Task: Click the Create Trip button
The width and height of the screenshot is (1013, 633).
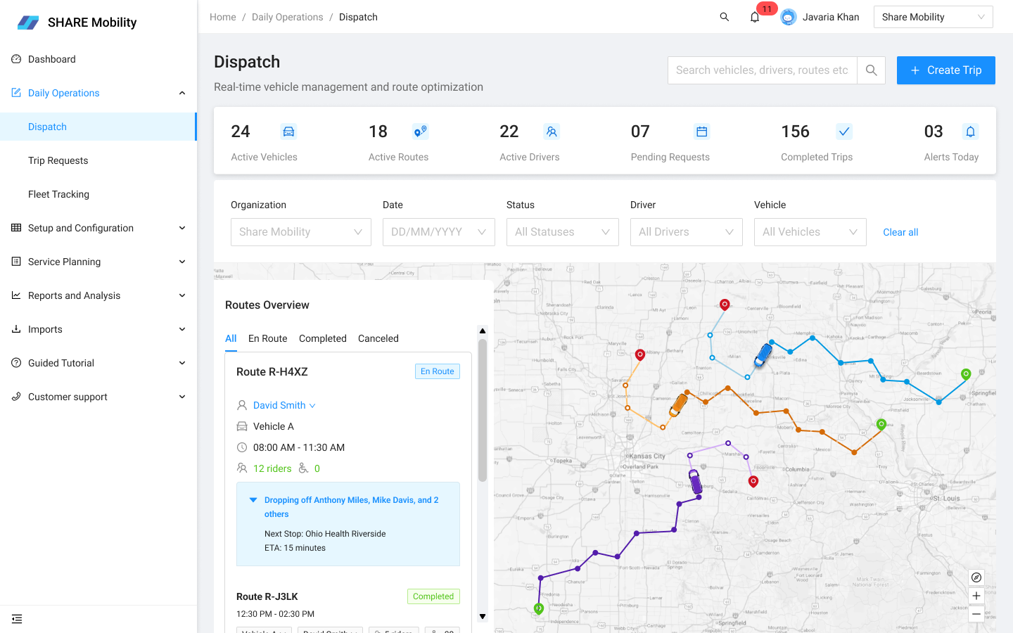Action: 945,70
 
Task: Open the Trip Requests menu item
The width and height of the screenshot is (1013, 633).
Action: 58,160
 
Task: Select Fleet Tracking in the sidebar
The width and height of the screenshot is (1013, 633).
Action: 59,194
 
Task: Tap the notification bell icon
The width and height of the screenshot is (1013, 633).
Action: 755,17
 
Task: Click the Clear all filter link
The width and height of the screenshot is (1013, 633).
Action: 900,232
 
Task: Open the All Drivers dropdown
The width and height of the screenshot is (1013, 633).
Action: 686,232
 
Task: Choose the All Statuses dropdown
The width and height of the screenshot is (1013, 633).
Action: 562,232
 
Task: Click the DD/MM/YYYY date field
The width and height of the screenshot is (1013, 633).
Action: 438,232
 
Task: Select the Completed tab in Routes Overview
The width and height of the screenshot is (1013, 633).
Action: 323,338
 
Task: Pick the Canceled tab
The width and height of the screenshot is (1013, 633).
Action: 378,338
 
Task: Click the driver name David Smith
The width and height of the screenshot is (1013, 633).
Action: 279,405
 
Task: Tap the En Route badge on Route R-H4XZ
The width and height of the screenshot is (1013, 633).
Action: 437,371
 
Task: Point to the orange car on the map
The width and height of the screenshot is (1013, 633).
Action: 679,404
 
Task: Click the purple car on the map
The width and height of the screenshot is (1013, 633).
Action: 695,481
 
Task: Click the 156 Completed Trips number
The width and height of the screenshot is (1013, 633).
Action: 795,132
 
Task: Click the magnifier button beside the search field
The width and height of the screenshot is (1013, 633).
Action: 871,70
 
